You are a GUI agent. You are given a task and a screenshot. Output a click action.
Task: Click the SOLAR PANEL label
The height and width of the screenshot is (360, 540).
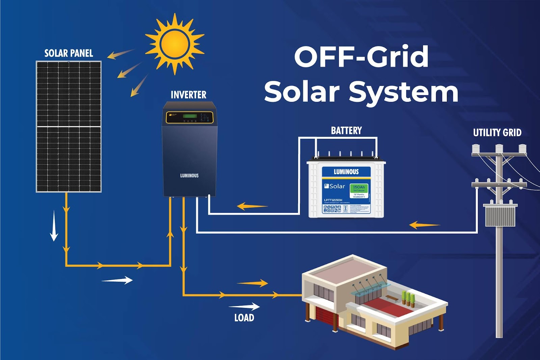click(x=69, y=53)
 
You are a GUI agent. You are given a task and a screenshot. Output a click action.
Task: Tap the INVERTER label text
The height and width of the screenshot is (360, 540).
click(x=188, y=95)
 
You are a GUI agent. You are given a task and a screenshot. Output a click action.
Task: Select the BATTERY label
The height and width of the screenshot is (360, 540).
click(x=346, y=131)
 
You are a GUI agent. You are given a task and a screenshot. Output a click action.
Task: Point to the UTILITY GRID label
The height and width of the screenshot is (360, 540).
click(x=497, y=133)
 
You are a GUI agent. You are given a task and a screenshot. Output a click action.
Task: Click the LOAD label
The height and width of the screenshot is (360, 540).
click(x=244, y=318)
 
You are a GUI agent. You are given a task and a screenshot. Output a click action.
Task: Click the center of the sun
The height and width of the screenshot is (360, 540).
click(x=175, y=44)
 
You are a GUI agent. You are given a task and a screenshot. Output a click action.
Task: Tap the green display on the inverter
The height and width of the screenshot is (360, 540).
click(x=190, y=117)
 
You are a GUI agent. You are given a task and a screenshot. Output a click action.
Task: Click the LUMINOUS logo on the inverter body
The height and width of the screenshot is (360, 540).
click(x=189, y=176)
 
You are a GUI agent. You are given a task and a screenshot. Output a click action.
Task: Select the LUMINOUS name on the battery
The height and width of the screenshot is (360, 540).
click(x=346, y=172)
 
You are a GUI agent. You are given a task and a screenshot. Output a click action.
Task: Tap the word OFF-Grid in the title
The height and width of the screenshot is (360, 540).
click(x=361, y=56)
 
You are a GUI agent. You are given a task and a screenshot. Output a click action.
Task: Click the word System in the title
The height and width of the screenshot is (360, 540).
click(x=403, y=92)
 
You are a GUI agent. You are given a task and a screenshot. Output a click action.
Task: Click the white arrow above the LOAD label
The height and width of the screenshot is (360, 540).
click(x=244, y=307)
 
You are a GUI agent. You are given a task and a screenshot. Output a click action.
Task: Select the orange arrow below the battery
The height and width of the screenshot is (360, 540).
click(x=252, y=206)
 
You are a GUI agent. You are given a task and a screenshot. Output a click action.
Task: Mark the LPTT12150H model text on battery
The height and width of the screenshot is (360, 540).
click(x=333, y=200)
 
